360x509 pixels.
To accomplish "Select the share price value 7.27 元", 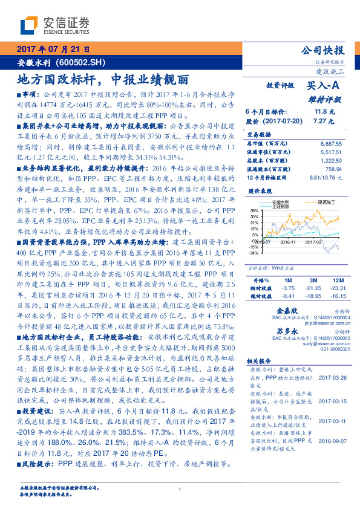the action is click(x=320, y=122).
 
